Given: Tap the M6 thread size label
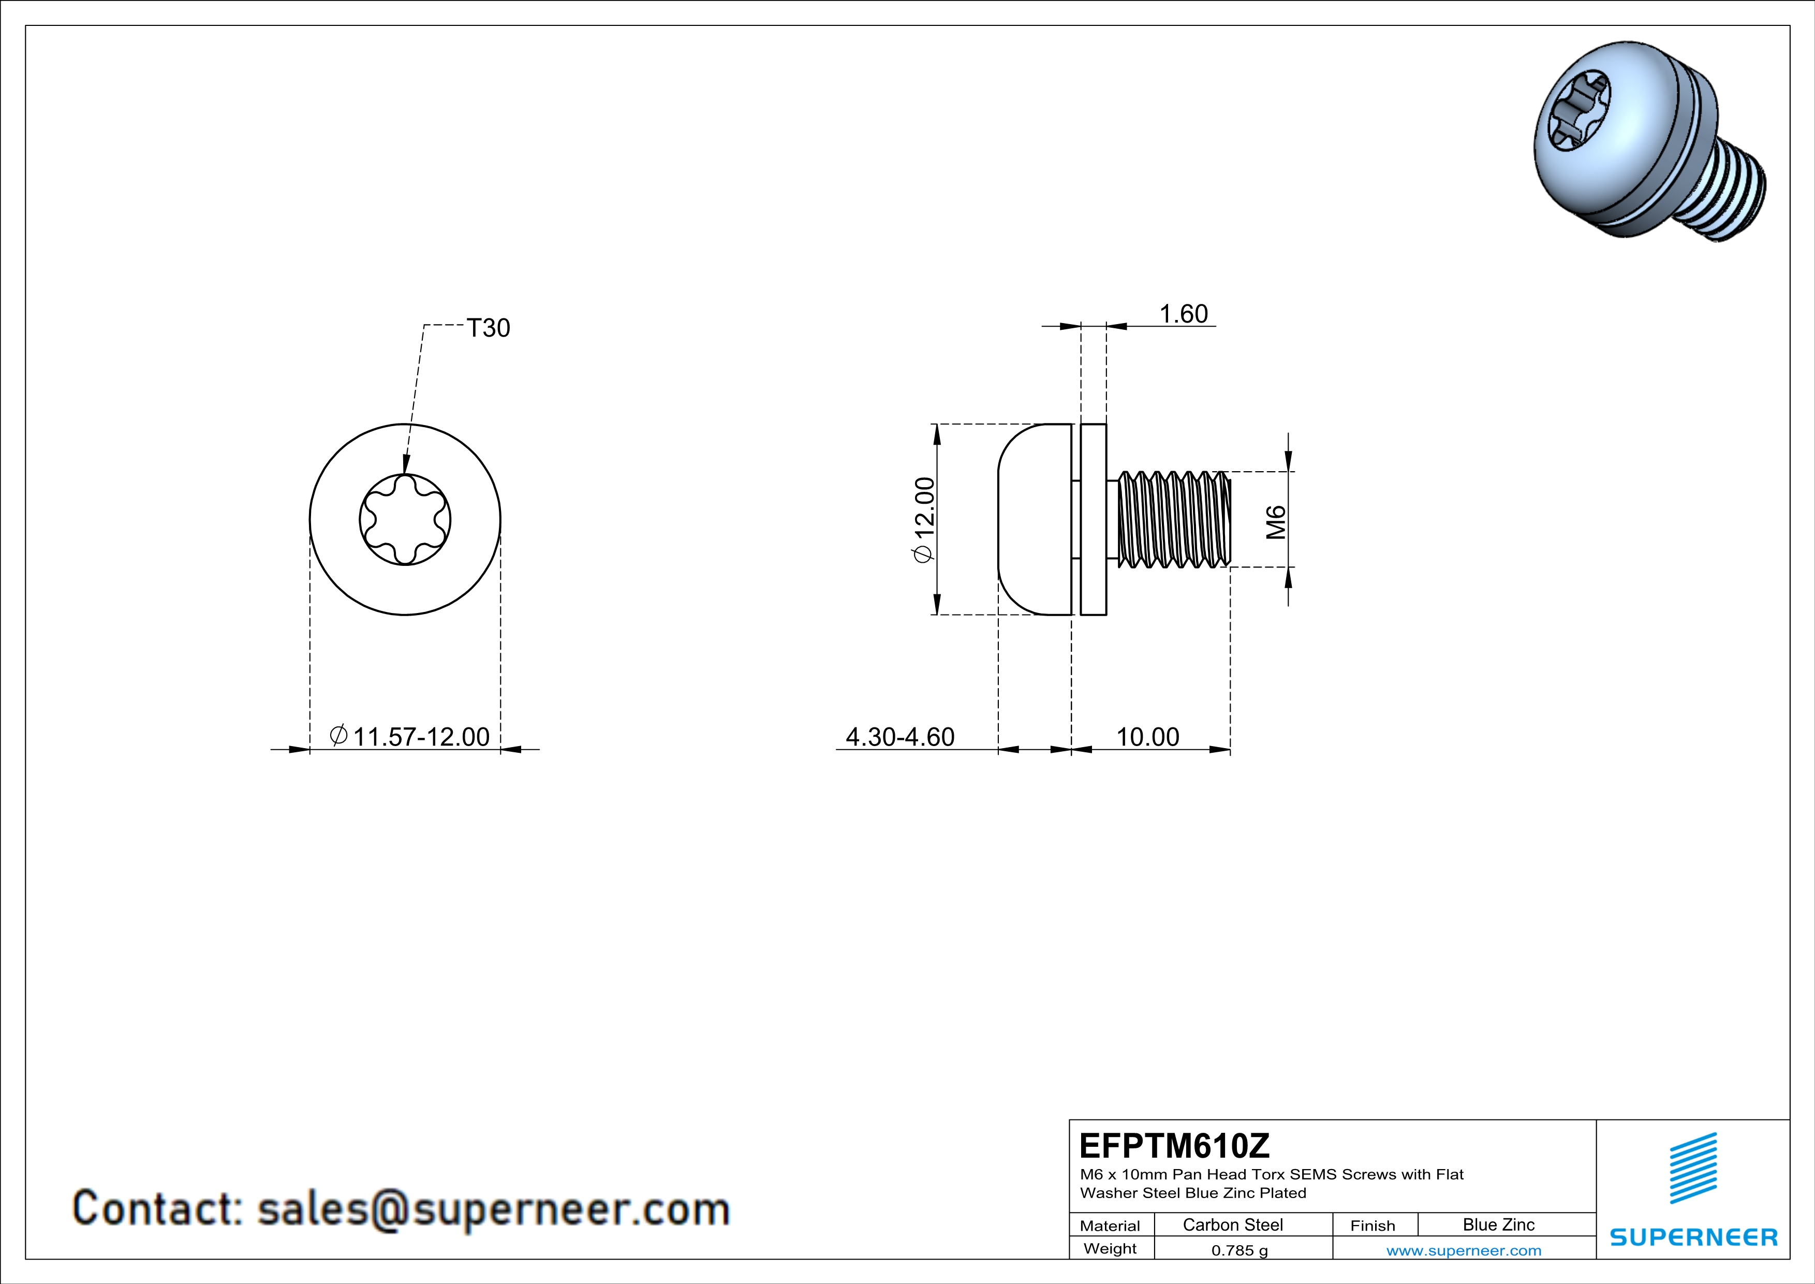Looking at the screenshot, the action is click(x=1276, y=522).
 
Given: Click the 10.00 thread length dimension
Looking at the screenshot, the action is click(x=1147, y=737).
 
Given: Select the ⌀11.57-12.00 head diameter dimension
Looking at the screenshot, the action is click(x=409, y=737).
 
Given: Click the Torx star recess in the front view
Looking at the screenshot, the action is click(x=405, y=519).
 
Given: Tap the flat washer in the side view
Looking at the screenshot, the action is click(x=1093, y=519).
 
